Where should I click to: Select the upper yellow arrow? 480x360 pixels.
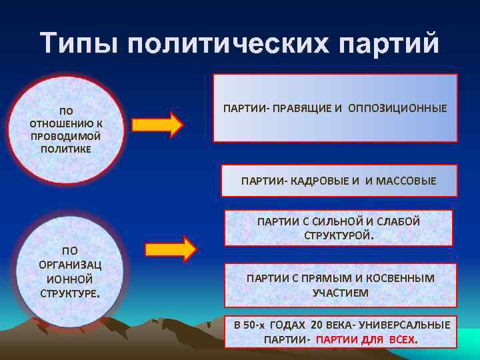(x=157, y=125)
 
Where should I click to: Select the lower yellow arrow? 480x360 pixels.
(x=171, y=249)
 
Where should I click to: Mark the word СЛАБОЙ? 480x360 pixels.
(x=394, y=222)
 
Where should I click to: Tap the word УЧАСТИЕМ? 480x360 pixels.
(x=340, y=292)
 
